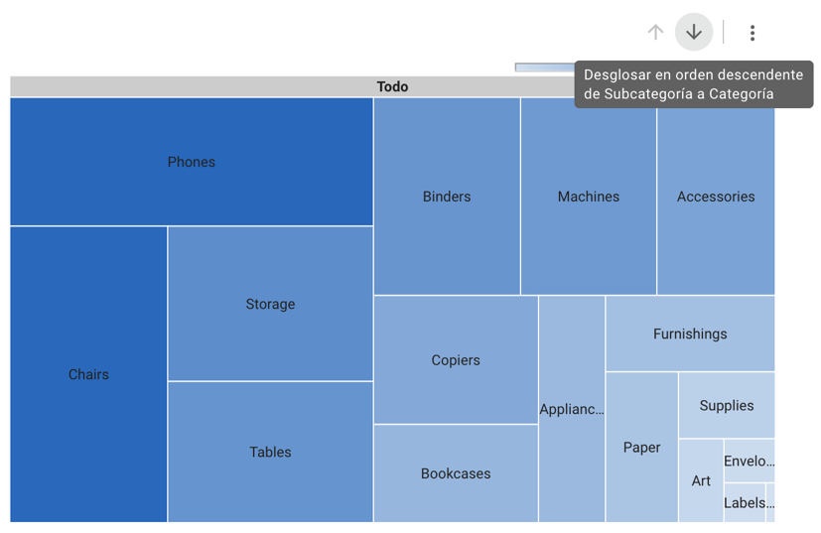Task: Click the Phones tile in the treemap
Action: click(x=192, y=162)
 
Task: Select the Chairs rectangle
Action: click(x=88, y=374)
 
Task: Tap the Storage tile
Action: click(x=270, y=304)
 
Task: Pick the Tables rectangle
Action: click(x=270, y=452)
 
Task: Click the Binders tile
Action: click(x=447, y=197)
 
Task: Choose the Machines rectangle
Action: click(x=588, y=197)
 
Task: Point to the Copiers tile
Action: click(x=456, y=359)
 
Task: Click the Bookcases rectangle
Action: click(x=456, y=473)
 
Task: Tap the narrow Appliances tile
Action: click(x=572, y=409)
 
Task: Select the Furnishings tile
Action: click(x=690, y=333)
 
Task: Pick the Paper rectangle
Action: click(x=641, y=447)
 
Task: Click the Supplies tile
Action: click(x=727, y=405)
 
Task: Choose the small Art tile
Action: click(x=701, y=480)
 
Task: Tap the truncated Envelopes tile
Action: click(x=749, y=461)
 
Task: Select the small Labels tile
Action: click(x=745, y=502)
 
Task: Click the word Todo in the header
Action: click(x=392, y=86)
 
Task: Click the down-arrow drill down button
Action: click(x=694, y=33)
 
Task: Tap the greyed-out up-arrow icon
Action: click(x=655, y=33)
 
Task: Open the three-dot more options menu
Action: click(x=753, y=33)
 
